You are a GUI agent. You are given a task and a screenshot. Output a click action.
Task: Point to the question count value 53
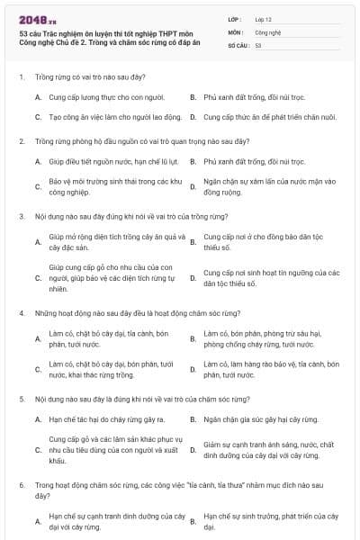coord(258,44)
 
